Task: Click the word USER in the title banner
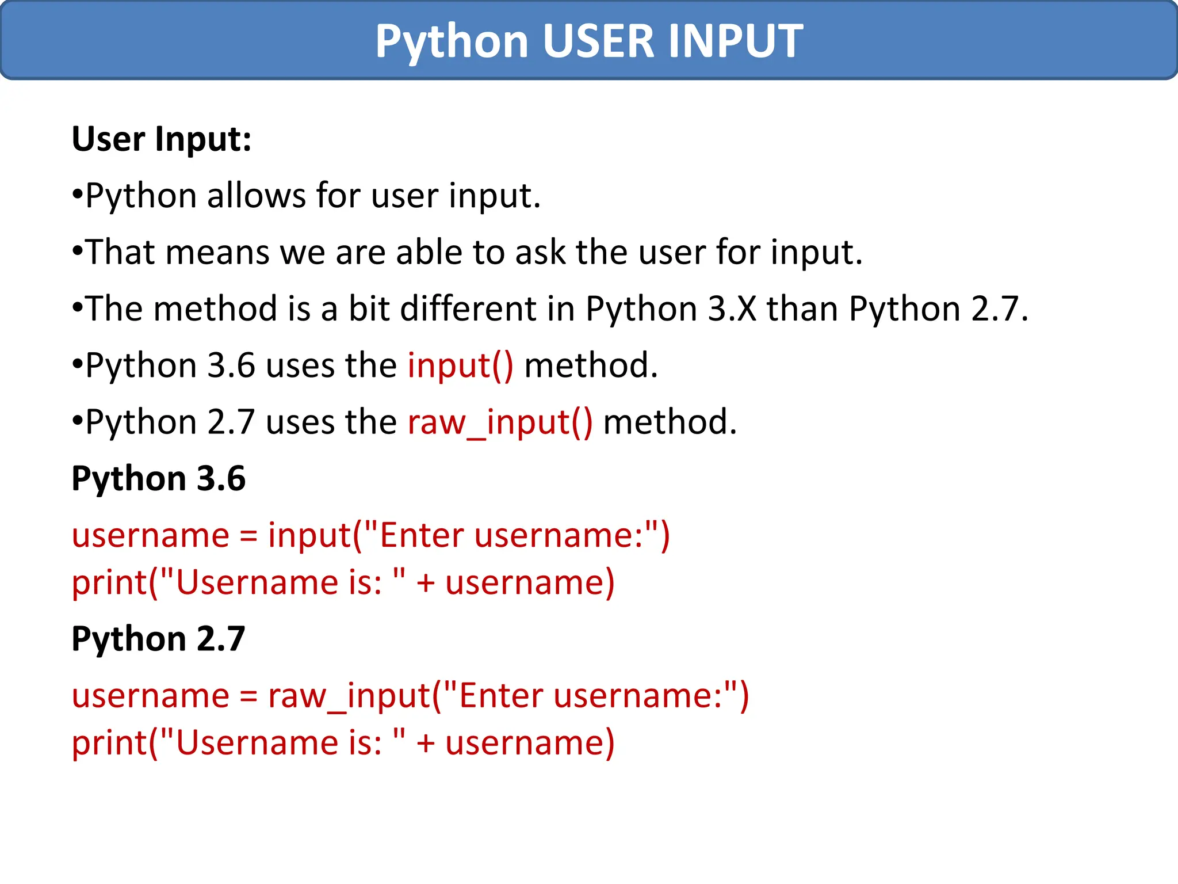click(x=598, y=41)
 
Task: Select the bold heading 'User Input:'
click(x=162, y=139)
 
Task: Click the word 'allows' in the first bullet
click(x=257, y=196)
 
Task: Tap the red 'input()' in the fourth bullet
click(x=460, y=365)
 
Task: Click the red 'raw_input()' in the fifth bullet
click(x=500, y=422)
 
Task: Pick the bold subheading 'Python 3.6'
click(x=158, y=478)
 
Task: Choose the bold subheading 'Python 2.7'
click(x=158, y=639)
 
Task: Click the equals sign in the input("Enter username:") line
click(x=248, y=536)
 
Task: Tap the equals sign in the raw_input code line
click(x=248, y=696)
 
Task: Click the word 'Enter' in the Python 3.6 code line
click(x=422, y=535)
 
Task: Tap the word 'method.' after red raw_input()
click(x=670, y=422)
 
